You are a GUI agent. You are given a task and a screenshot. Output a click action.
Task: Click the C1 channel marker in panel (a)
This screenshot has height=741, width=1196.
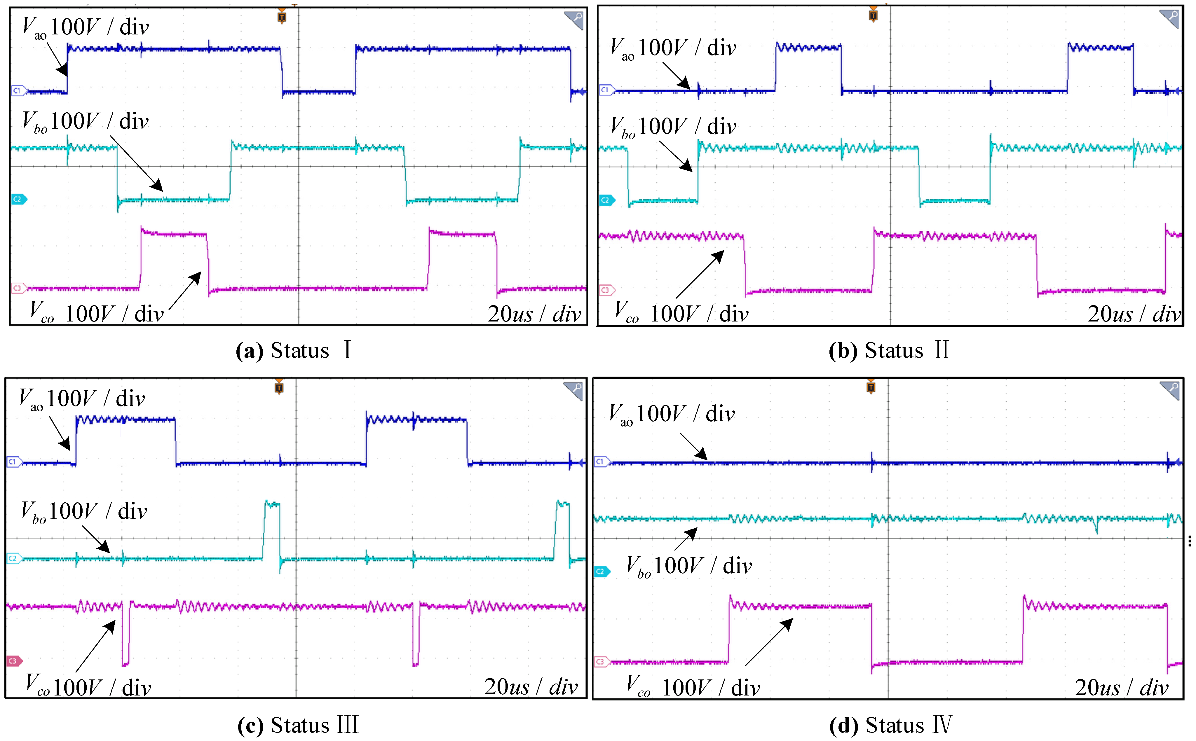point(18,91)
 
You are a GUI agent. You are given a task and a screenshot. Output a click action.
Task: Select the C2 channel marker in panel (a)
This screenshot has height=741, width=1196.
point(18,199)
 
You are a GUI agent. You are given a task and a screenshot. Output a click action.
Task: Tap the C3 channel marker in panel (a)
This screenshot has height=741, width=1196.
point(18,288)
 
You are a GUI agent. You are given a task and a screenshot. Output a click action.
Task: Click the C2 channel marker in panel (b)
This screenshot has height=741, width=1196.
point(606,200)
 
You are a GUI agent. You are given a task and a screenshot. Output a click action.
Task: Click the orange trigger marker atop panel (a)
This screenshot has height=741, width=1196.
point(281,17)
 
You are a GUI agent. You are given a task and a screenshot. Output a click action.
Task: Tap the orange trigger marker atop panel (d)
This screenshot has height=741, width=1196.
point(871,387)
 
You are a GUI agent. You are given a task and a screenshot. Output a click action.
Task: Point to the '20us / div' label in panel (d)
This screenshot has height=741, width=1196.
point(1122,688)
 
